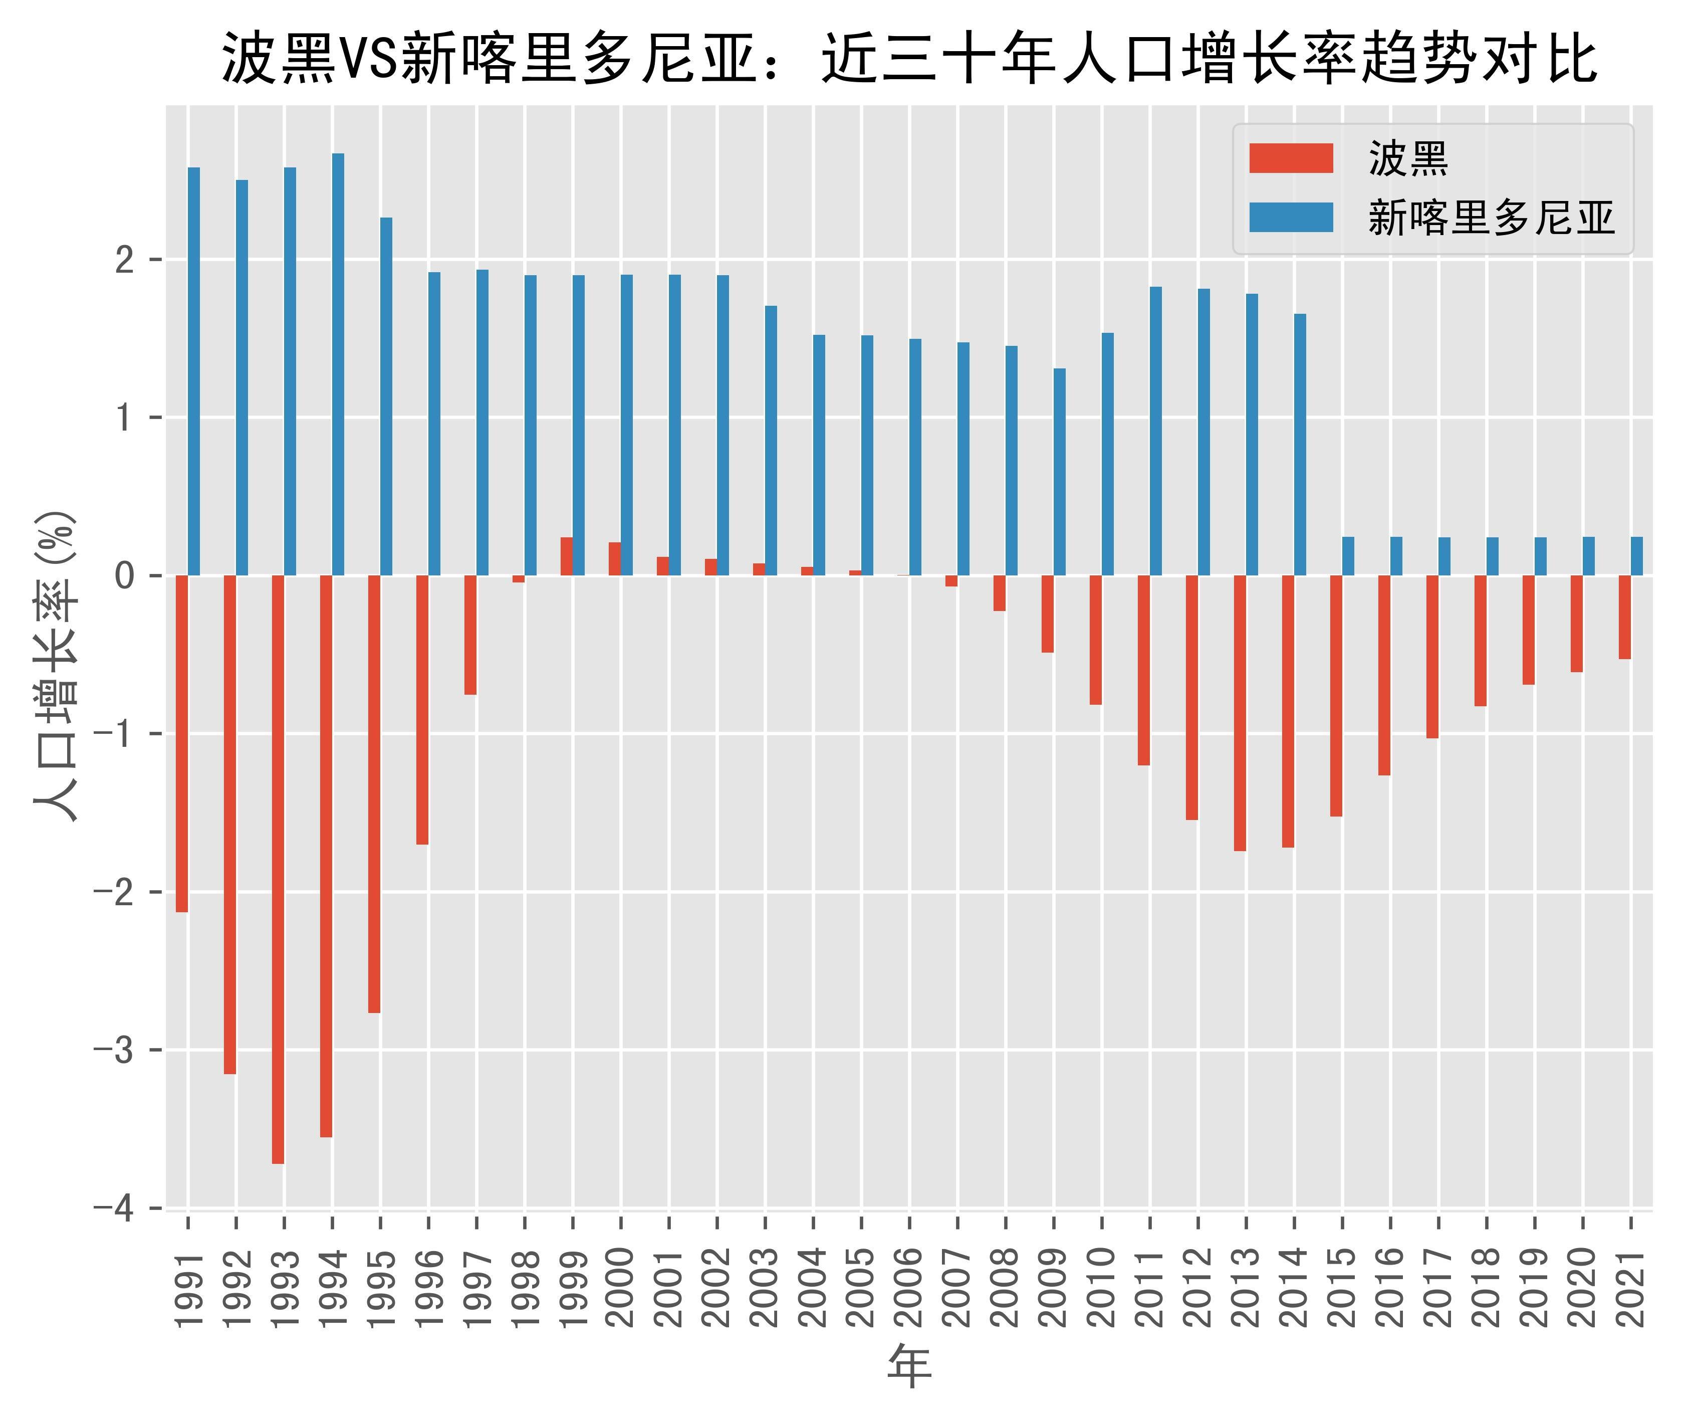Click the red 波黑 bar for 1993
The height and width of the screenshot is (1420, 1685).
point(278,869)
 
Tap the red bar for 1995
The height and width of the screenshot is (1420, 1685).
point(374,794)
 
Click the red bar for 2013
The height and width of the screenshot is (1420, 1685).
point(1240,713)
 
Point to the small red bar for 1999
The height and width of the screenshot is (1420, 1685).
point(567,556)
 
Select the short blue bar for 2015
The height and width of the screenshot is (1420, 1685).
point(1348,556)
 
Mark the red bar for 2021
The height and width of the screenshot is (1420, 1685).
point(1625,618)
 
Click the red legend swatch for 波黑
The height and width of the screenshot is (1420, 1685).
point(1291,158)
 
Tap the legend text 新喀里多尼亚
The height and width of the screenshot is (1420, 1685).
point(1491,218)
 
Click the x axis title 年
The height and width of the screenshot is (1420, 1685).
point(909,1368)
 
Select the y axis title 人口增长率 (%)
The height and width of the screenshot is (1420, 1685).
point(56,665)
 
